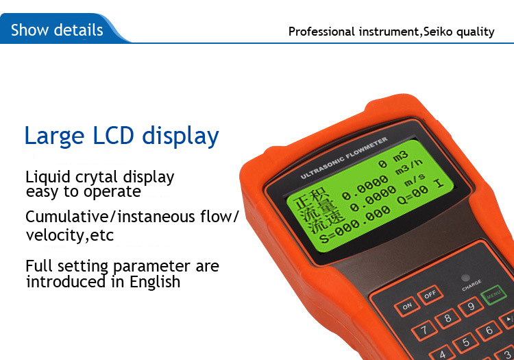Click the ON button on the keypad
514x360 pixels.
pyautogui.click(x=407, y=307)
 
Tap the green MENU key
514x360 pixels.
pyautogui.click(x=493, y=295)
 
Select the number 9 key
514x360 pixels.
pyautogui.click(x=471, y=307)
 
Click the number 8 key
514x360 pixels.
pyautogui.click(x=448, y=318)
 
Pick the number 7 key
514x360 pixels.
pyautogui.click(x=424, y=330)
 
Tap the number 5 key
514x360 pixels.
pyautogui.click(x=465, y=343)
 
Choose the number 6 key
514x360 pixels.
pyautogui.click(x=489, y=331)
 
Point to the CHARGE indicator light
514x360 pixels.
pyautogui.click(x=465, y=278)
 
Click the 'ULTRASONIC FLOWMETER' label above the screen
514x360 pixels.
pyautogui.click(x=344, y=158)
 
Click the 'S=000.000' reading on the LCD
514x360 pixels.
pyautogui.click(x=355, y=226)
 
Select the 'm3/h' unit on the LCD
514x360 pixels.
pyautogui.click(x=408, y=167)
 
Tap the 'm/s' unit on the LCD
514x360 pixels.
pyautogui.click(x=415, y=180)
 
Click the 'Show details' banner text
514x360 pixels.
pyautogui.click(x=57, y=30)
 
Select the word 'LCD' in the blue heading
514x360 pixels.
pyautogui.click(x=113, y=135)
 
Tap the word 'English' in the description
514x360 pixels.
pyautogui.click(x=155, y=282)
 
